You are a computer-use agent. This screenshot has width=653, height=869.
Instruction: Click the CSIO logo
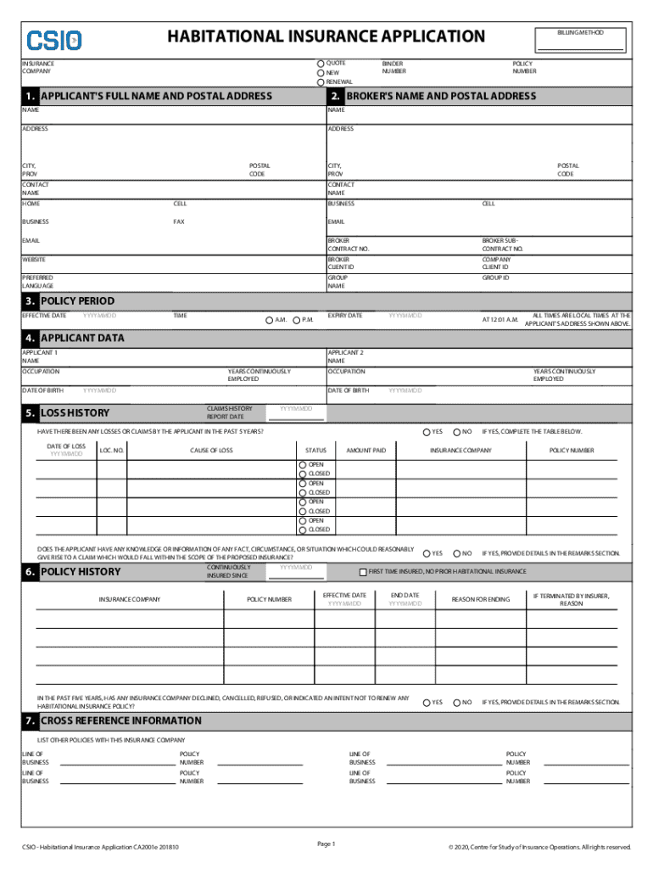click(54, 40)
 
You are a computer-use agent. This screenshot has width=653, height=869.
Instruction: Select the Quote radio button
click(321, 64)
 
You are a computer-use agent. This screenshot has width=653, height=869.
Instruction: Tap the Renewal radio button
click(321, 82)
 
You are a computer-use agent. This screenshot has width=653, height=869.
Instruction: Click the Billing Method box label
click(581, 32)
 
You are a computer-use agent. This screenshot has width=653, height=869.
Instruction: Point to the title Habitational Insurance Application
click(326, 36)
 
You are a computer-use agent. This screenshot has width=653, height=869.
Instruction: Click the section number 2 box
click(337, 96)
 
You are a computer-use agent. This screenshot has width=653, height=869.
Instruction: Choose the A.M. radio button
click(268, 320)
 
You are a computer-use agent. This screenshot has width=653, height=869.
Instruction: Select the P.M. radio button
click(295, 320)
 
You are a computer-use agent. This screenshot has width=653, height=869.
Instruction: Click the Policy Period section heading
click(77, 301)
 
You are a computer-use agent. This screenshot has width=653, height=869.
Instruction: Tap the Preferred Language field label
click(37, 282)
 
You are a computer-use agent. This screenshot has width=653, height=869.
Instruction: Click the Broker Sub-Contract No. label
click(503, 244)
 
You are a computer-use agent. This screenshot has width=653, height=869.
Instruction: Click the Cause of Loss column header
click(211, 450)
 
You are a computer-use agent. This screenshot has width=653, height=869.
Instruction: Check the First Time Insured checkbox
click(363, 572)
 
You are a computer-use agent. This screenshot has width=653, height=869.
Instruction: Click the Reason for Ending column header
click(481, 600)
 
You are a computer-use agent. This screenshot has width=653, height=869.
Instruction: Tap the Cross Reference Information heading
click(121, 720)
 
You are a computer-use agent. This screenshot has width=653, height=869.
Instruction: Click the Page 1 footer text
click(326, 844)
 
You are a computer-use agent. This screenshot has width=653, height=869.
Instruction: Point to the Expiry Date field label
click(344, 316)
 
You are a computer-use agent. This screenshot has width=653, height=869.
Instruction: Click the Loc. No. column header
click(112, 450)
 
